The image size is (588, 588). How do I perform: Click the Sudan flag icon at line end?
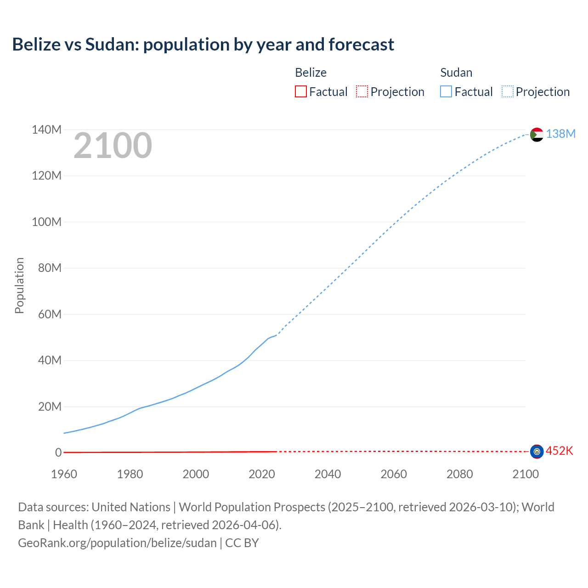(x=537, y=135)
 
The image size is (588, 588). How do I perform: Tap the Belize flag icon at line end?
(x=537, y=452)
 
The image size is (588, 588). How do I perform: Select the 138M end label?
(x=560, y=134)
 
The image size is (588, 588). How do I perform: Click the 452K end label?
(x=559, y=451)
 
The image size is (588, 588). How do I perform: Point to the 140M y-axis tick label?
(x=46, y=130)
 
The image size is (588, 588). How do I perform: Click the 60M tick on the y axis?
(x=50, y=314)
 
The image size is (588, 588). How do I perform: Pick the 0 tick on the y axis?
(x=58, y=452)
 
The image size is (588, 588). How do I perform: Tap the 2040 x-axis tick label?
(x=328, y=474)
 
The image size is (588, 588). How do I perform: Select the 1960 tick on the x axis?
(x=64, y=474)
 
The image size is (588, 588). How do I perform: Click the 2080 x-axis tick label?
(x=459, y=474)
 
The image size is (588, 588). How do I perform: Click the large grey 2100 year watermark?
(x=113, y=146)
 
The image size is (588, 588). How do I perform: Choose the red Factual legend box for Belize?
(x=300, y=91)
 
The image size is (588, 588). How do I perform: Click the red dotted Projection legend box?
(x=362, y=91)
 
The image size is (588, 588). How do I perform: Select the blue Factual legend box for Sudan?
(x=446, y=91)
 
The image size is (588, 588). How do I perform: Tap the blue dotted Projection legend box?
(x=507, y=91)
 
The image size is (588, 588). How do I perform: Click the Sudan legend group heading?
(x=456, y=73)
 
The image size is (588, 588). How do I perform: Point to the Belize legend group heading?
(x=311, y=73)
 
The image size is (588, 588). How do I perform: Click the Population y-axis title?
(x=19, y=285)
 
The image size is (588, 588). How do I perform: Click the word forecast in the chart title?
(x=361, y=45)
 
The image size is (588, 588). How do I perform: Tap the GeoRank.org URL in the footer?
(x=117, y=543)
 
